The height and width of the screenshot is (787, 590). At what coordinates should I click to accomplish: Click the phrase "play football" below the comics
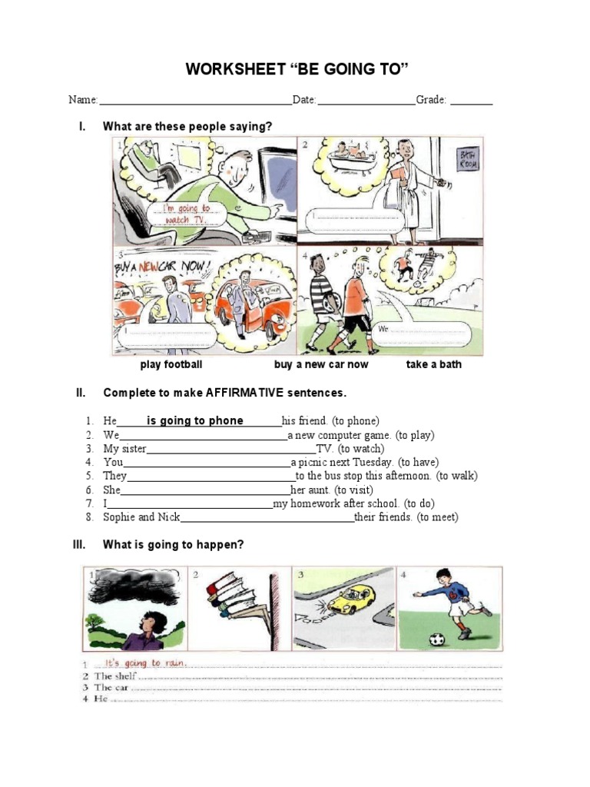pyautogui.click(x=171, y=364)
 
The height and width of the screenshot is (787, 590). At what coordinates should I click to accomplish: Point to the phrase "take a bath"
pyautogui.click(x=434, y=364)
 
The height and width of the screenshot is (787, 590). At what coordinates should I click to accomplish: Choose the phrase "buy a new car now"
pyautogui.click(x=321, y=364)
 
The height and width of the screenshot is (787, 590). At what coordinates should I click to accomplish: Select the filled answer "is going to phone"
pyautogui.click(x=195, y=420)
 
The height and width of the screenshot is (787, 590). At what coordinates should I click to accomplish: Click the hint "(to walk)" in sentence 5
pyautogui.click(x=456, y=476)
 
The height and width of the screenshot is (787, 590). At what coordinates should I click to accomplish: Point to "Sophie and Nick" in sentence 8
pyautogui.click(x=141, y=517)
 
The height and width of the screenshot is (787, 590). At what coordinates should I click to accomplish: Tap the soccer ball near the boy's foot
pyautogui.click(x=436, y=639)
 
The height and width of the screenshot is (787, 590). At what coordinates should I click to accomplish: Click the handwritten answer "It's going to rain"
pyautogui.click(x=140, y=662)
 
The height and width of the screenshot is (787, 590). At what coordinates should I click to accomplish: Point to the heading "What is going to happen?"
pyautogui.click(x=174, y=545)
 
